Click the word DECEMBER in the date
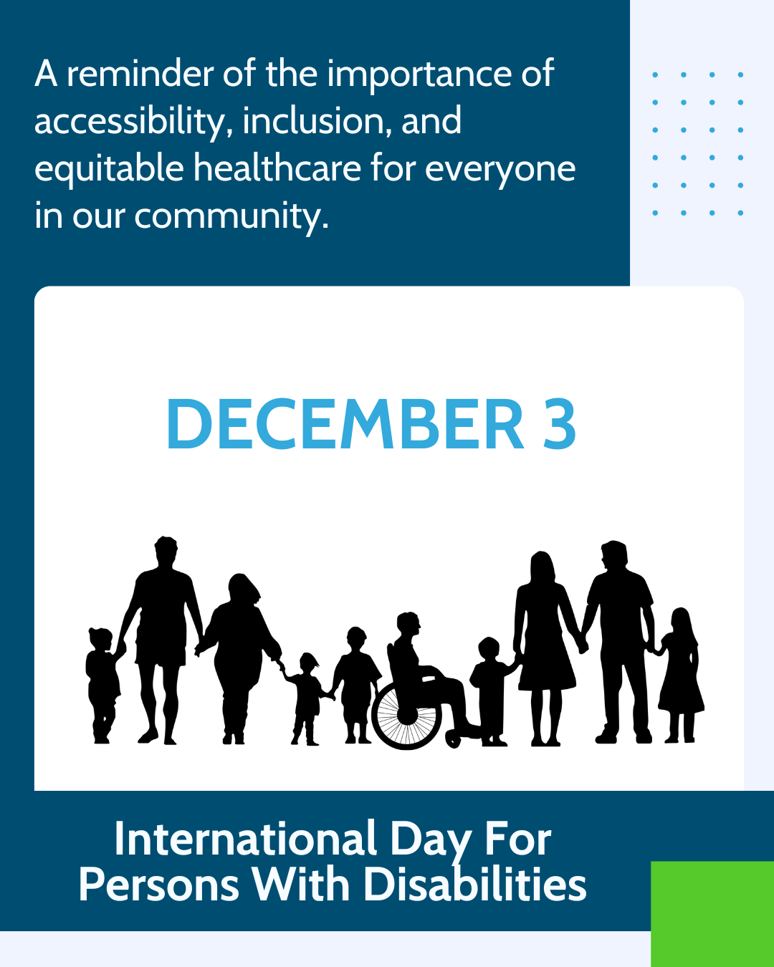[x=345, y=425]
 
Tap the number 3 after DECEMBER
[x=560, y=425]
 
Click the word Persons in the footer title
[x=158, y=885]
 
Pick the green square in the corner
[x=712, y=913]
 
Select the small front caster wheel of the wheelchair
[x=454, y=739]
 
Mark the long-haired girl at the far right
[x=680, y=673]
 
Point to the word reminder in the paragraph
[x=140, y=74]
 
